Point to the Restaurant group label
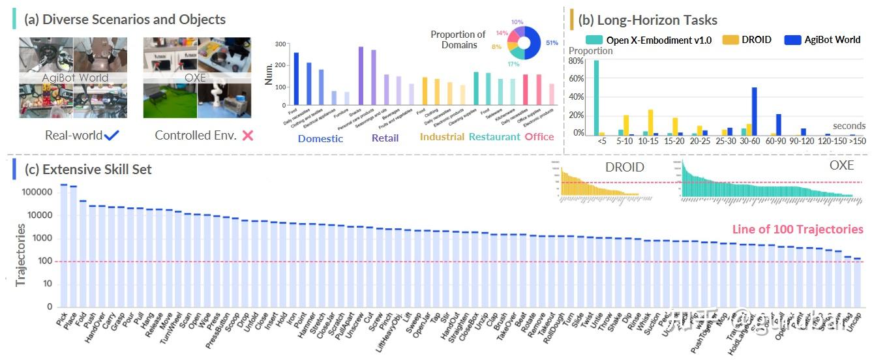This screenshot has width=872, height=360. tap(494, 137)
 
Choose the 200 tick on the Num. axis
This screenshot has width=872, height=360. tap(281, 65)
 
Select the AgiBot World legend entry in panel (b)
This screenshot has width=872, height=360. tap(830, 40)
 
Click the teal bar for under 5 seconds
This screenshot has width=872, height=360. tap(595, 98)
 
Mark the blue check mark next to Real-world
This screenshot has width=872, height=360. tap(112, 135)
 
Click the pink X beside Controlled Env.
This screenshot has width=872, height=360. tap(247, 136)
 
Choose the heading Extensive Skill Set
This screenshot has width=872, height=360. tap(88, 170)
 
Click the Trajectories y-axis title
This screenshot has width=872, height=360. tap(20, 255)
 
